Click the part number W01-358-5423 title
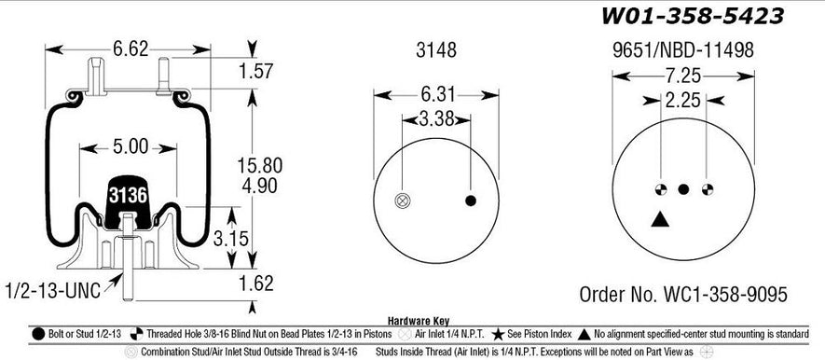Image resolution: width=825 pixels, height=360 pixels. [x=693, y=16]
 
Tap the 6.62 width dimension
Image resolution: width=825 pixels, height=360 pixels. [x=131, y=49]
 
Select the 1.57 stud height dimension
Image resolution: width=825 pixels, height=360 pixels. [x=255, y=71]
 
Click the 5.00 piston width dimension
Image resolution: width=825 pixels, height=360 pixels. [x=131, y=146]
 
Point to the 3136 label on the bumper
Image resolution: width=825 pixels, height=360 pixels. [x=128, y=195]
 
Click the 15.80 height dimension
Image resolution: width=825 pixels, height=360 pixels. [x=260, y=165]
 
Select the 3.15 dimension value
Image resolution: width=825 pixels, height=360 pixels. [x=231, y=239]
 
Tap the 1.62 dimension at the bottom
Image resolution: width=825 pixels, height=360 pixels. [x=256, y=284]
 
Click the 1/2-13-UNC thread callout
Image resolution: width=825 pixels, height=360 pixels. [x=52, y=291]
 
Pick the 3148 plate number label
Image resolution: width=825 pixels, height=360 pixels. [x=436, y=50]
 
